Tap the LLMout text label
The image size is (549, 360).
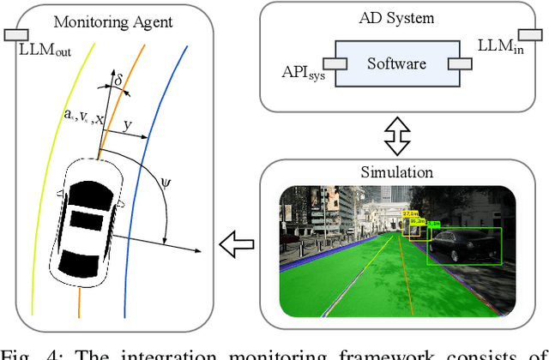[x=43, y=49]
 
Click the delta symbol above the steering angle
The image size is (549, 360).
[x=119, y=81]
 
